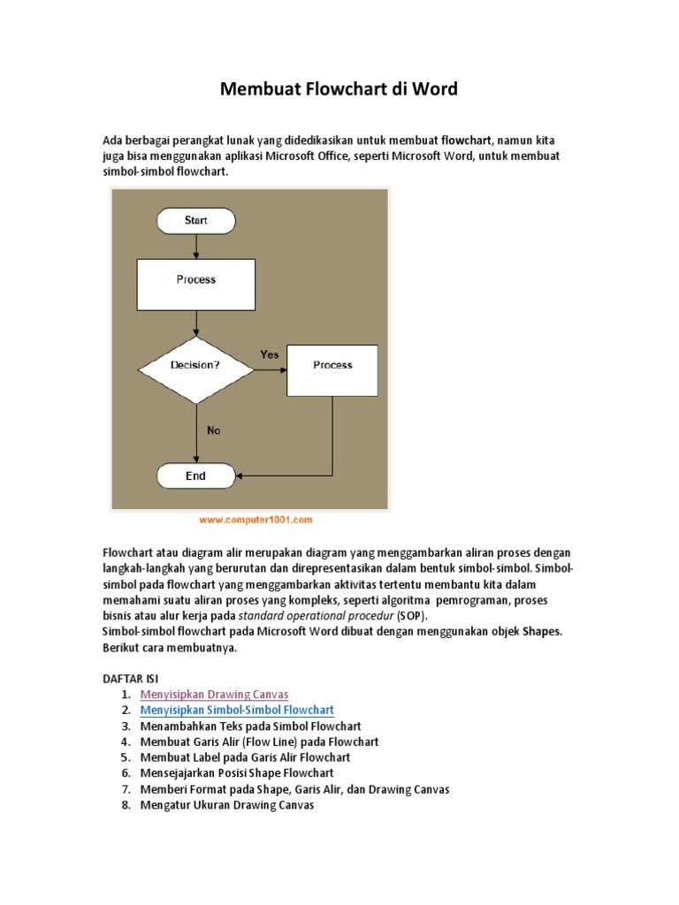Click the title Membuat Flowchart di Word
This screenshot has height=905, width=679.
click(x=339, y=90)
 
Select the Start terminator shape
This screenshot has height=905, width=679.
click(x=195, y=221)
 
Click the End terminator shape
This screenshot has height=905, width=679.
click(x=195, y=476)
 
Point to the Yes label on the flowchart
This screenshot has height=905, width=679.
click(x=270, y=354)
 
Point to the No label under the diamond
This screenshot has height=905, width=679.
click(x=213, y=430)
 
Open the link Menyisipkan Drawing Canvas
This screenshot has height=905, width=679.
click(x=214, y=695)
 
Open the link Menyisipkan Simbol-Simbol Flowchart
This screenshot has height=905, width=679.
click(x=237, y=711)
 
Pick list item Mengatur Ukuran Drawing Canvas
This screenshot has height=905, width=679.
click(x=227, y=806)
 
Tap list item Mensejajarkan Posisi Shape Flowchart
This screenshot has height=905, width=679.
click(x=237, y=773)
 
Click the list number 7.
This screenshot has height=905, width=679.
click(x=126, y=789)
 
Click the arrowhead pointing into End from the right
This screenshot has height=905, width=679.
click(x=241, y=476)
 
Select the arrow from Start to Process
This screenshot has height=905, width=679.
click(x=195, y=246)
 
